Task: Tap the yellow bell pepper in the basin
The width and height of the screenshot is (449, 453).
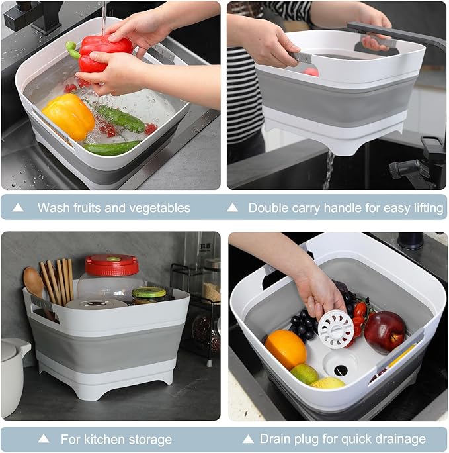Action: [x=69, y=116]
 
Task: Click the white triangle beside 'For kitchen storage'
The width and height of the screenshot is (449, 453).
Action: [x=44, y=438]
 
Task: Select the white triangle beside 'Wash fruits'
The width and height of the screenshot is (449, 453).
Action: [x=18, y=207]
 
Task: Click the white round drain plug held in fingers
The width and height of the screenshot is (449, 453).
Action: [x=336, y=330]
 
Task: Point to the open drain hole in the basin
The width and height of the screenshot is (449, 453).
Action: [x=341, y=370]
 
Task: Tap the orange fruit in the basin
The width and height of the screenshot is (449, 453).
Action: [x=285, y=349]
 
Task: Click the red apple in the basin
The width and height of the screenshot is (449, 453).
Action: [x=385, y=332]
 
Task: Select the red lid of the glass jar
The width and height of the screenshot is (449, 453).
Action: [x=111, y=265]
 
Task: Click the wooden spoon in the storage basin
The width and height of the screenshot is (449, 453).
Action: [x=34, y=286]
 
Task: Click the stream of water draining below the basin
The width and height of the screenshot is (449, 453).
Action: [x=329, y=170]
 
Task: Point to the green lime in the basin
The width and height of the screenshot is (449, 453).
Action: [x=305, y=374]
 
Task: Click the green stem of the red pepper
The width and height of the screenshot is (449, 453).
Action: [x=73, y=50]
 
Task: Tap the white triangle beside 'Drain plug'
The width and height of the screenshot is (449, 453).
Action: [x=248, y=439]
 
